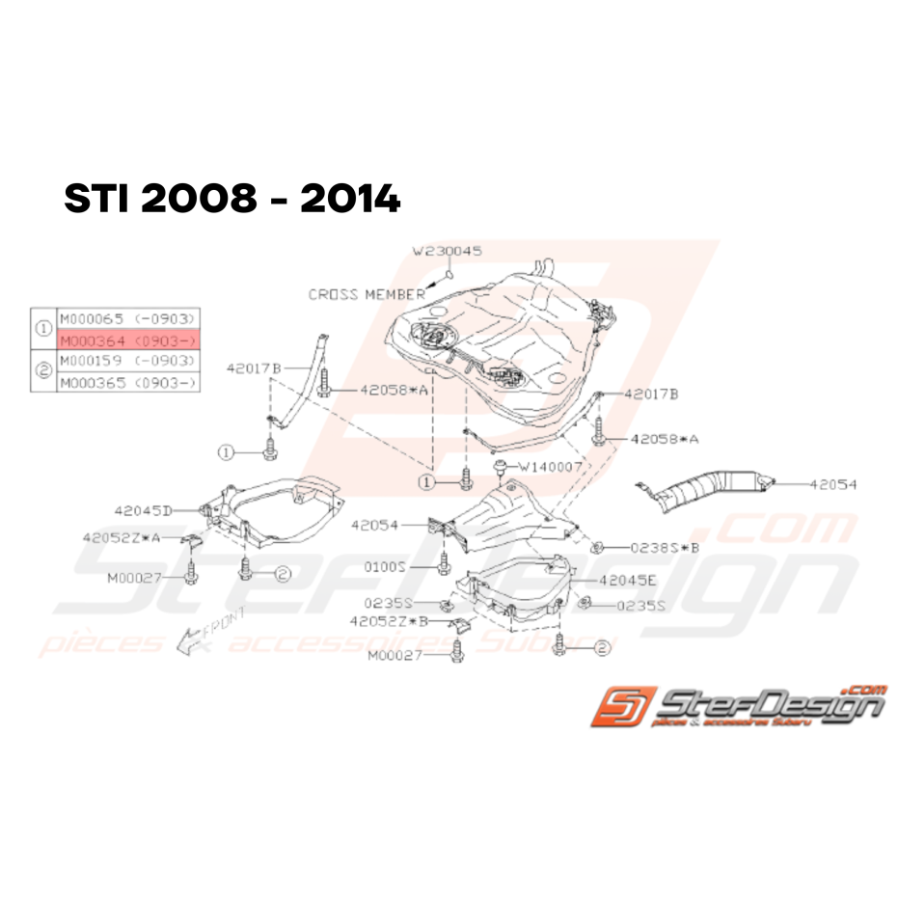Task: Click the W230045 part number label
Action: [448, 251]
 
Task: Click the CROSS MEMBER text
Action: [367, 294]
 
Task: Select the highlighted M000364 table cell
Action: [128, 340]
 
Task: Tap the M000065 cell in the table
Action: [128, 317]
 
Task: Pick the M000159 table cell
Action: [128, 361]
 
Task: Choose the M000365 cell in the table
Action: [128, 382]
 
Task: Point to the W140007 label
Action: [551, 467]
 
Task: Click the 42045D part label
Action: [142, 510]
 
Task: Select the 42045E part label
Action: [627, 581]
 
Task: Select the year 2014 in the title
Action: [349, 200]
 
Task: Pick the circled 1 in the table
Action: [42, 328]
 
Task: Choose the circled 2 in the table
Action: [42, 371]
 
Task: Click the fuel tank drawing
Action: [482, 342]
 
